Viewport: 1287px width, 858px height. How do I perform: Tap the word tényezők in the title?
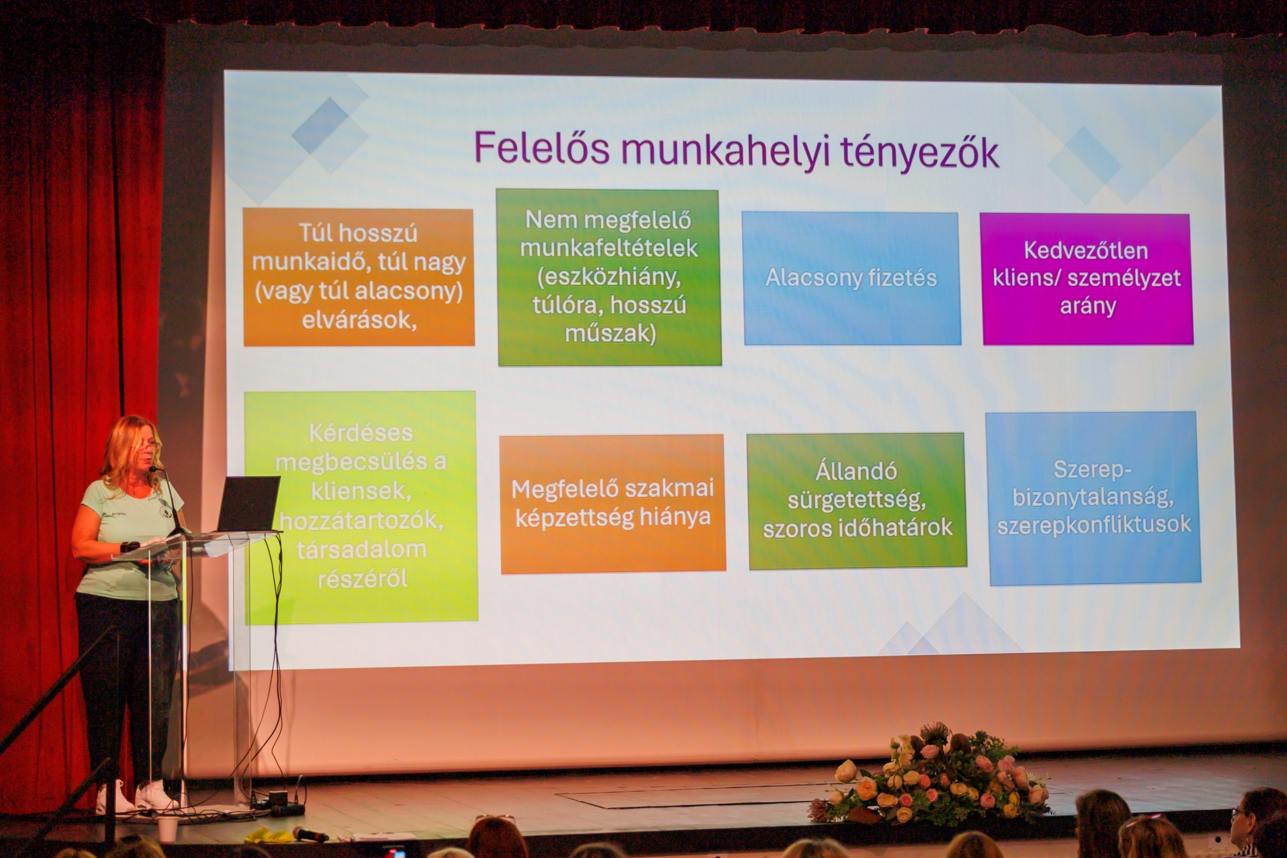point(920,153)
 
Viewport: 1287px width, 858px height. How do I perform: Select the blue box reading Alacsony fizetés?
point(852,278)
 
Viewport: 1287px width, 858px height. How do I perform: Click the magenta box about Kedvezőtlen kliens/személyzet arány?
point(1087,279)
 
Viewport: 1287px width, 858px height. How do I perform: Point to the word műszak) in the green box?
point(610,333)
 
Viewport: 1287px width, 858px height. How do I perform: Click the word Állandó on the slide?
point(856,471)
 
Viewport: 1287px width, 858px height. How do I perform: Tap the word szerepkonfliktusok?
point(1094,525)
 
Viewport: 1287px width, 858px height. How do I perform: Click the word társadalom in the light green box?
point(361,549)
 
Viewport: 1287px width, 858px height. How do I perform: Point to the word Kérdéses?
point(360,433)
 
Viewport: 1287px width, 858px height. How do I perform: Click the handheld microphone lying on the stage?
point(310,834)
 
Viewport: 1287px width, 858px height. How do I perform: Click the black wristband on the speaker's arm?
point(129,546)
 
